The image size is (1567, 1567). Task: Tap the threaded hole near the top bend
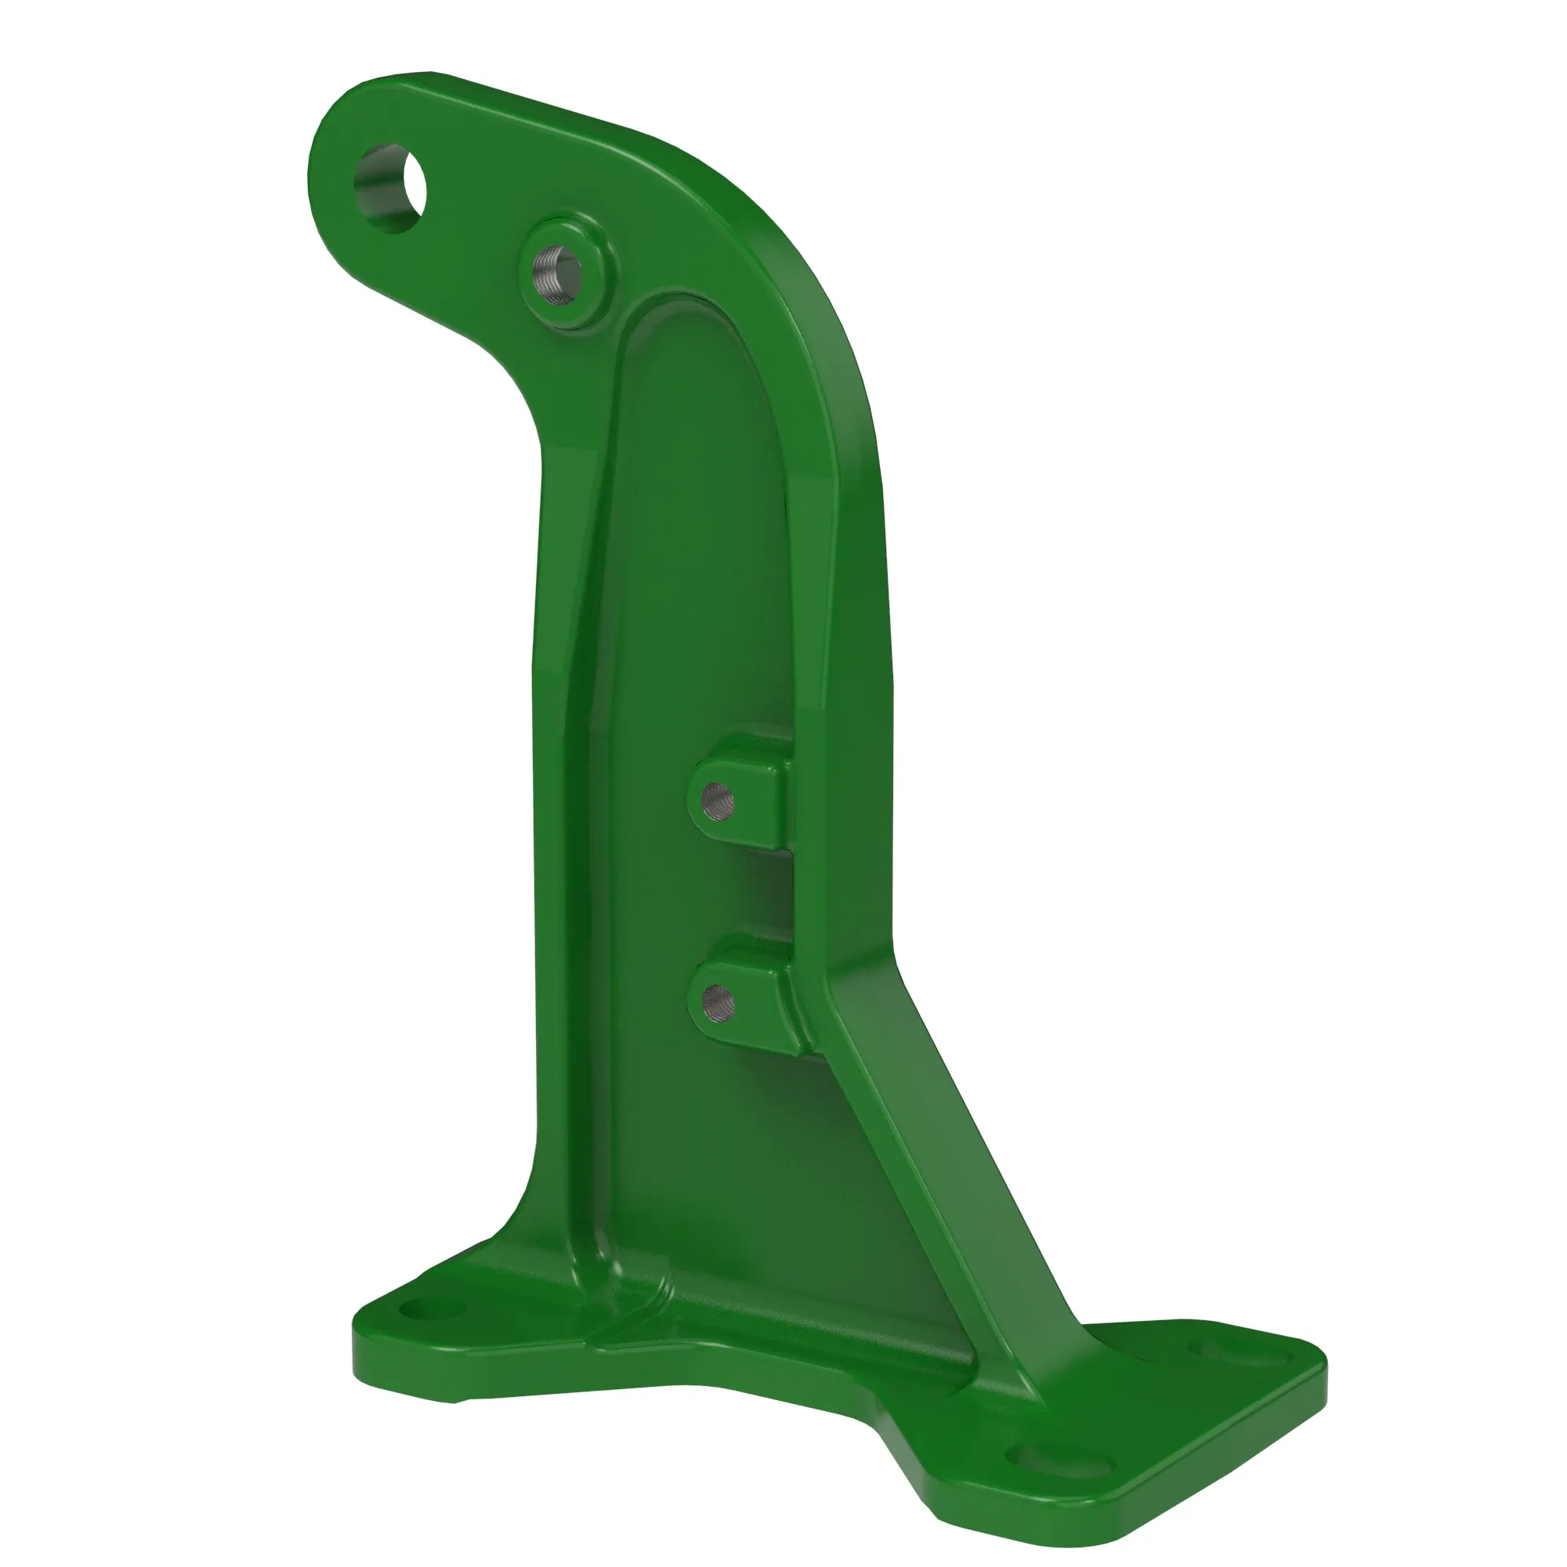click(558, 276)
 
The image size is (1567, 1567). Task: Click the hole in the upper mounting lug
click(718, 802)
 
